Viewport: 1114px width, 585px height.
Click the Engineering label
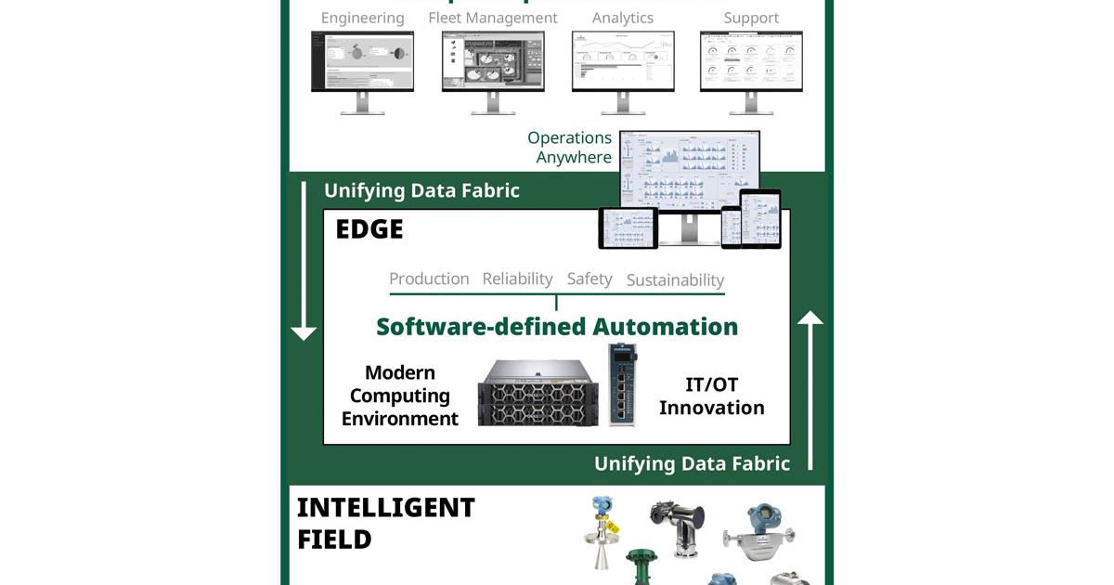coord(362,18)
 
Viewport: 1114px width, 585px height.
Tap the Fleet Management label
coord(493,18)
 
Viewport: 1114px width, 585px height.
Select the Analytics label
coord(622,18)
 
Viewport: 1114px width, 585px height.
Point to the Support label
coord(751,18)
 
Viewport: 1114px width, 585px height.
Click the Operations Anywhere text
coord(570,148)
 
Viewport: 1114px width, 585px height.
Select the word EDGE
coord(369,229)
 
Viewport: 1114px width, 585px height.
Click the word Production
coord(429,279)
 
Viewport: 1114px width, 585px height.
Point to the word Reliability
coord(517,279)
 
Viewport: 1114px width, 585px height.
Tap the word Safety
coord(589,279)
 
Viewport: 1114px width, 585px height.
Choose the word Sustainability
coord(675,279)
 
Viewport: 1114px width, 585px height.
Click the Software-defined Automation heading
coord(557,327)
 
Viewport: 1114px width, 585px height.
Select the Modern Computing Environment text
coord(400,396)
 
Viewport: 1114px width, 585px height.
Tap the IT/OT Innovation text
coord(712,396)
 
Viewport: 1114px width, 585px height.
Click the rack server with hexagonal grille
coord(538,393)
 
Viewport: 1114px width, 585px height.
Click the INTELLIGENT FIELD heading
coord(385,523)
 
